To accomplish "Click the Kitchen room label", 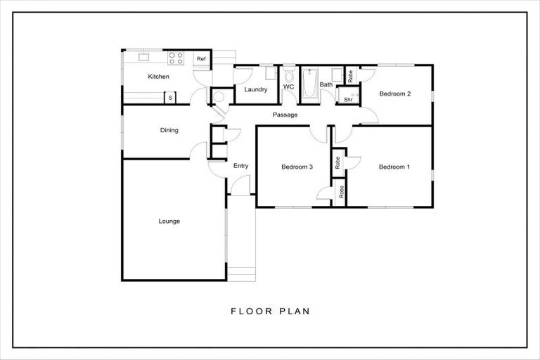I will [x=158, y=77].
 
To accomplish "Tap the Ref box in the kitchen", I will [x=201, y=59].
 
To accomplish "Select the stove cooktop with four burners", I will [x=176, y=58].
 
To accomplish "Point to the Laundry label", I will [x=254, y=89].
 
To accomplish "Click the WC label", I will [x=288, y=87].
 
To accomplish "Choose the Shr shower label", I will [x=348, y=99].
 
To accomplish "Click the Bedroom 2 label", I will [x=394, y=94].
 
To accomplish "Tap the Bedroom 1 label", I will [x=394, y=167].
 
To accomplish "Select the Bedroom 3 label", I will [x=297, y=167].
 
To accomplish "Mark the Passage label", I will [x=285, y=115].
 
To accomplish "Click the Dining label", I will [x=169, y=130].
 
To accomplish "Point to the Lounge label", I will [x=169, y=221].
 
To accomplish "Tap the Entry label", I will [x=240, y=166].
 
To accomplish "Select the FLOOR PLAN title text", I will [x=270, y=310].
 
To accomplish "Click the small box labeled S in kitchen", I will [x=169, y=97].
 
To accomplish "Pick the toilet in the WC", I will [x=288, y=74].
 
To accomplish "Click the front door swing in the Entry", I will [x=241, y=186].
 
